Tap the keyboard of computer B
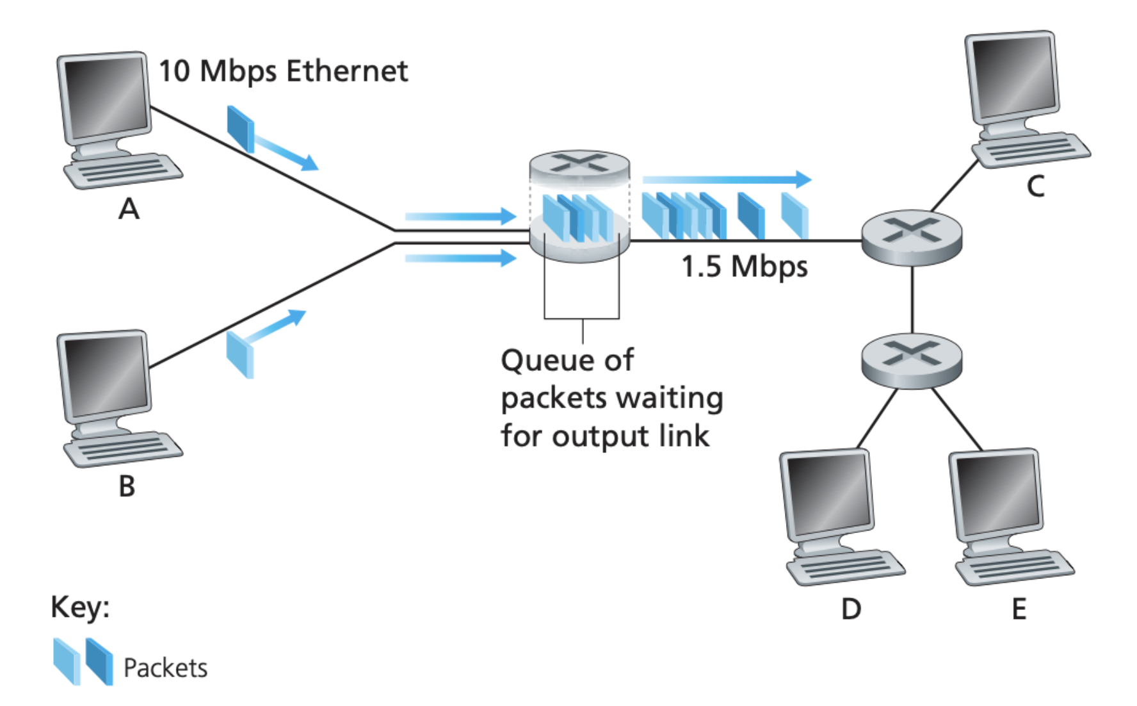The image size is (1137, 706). coord(123,449)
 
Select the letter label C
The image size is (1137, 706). coord(1035,187)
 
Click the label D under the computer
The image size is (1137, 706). coord(851,609)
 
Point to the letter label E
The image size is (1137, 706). coord(1019,609)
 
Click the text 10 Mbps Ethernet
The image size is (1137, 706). coord(282,71)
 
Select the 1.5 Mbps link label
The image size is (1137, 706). coord(744,267)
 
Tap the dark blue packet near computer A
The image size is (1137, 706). coord(241,129)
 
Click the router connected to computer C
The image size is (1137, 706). coord(911,238)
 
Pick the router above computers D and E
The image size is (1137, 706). coord(911,360)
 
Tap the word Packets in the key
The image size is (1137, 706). coord(165,668)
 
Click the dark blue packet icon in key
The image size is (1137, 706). coord(99,661)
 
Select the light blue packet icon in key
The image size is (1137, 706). coord(67,661)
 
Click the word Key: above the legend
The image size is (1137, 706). coord(80,607)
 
